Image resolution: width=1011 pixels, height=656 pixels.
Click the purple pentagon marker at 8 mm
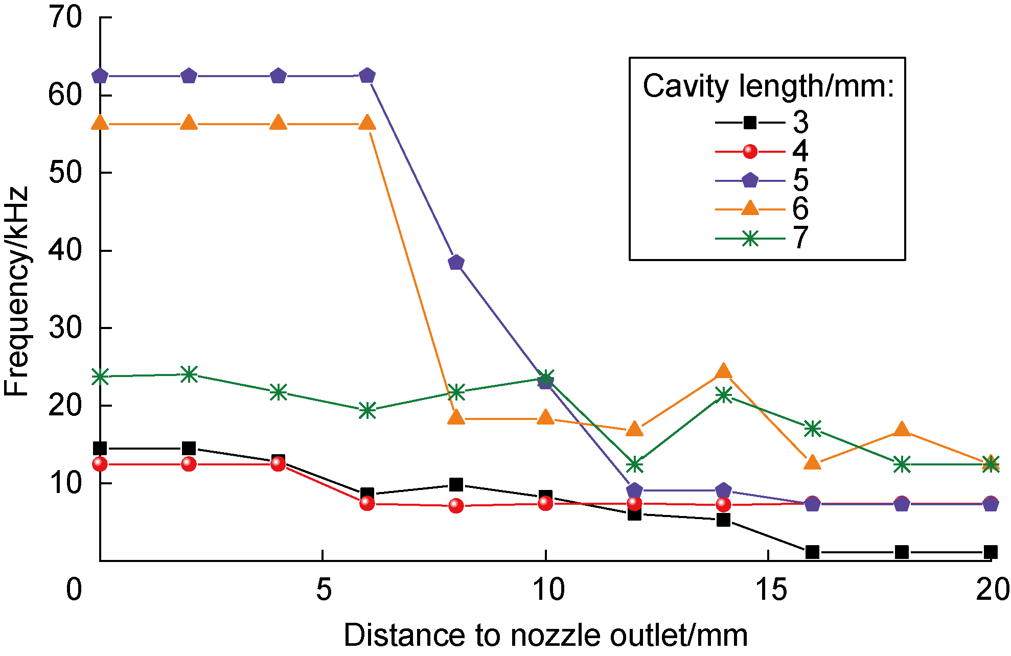pos(456,263)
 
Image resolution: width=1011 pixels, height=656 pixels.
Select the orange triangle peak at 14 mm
pos(723,371)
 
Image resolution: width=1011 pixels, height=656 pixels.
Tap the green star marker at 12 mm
pos(634,464)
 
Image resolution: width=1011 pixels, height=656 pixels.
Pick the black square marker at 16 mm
pos(812,552)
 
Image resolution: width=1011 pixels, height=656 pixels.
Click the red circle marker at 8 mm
pos(456,506)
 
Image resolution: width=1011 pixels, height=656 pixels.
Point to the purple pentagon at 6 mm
pos(367,76)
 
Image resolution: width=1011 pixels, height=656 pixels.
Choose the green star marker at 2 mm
pos(189,374)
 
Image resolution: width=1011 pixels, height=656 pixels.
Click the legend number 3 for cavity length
pos(800,122)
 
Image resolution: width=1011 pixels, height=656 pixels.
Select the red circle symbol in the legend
pos(750,152)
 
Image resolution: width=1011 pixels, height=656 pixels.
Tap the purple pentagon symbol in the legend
pos(750,180)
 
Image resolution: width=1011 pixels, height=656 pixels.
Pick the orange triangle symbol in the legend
pos(750,208)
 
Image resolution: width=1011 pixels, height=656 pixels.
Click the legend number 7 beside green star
pos(800,238)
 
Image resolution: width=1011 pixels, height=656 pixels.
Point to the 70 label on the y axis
pos(65,18)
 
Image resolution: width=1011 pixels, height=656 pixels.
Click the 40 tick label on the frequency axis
pos(65,250)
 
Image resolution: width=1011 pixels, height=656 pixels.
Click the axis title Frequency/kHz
pos(16,291)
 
